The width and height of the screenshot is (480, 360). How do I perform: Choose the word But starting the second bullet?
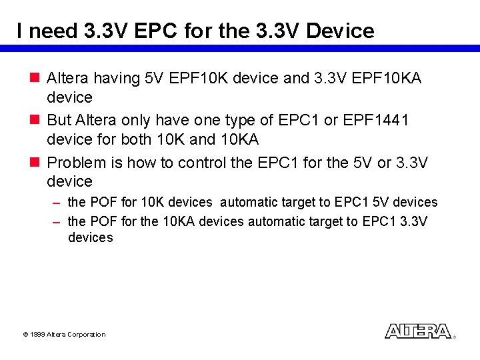pyautogui.click(x=59, y=120)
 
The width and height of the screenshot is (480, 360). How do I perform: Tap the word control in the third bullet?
pyautogui.click(x=200, y=162)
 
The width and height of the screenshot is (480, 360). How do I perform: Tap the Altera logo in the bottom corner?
pyautogui.click(x=418, y=331)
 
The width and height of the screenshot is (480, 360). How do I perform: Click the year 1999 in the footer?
pyautogui.click(x=37, y=335)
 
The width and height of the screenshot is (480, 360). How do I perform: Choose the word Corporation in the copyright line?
pyautogui.click(x=87, y=335)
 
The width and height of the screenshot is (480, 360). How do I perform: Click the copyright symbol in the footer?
pyautogui.click(x=25, y=335)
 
